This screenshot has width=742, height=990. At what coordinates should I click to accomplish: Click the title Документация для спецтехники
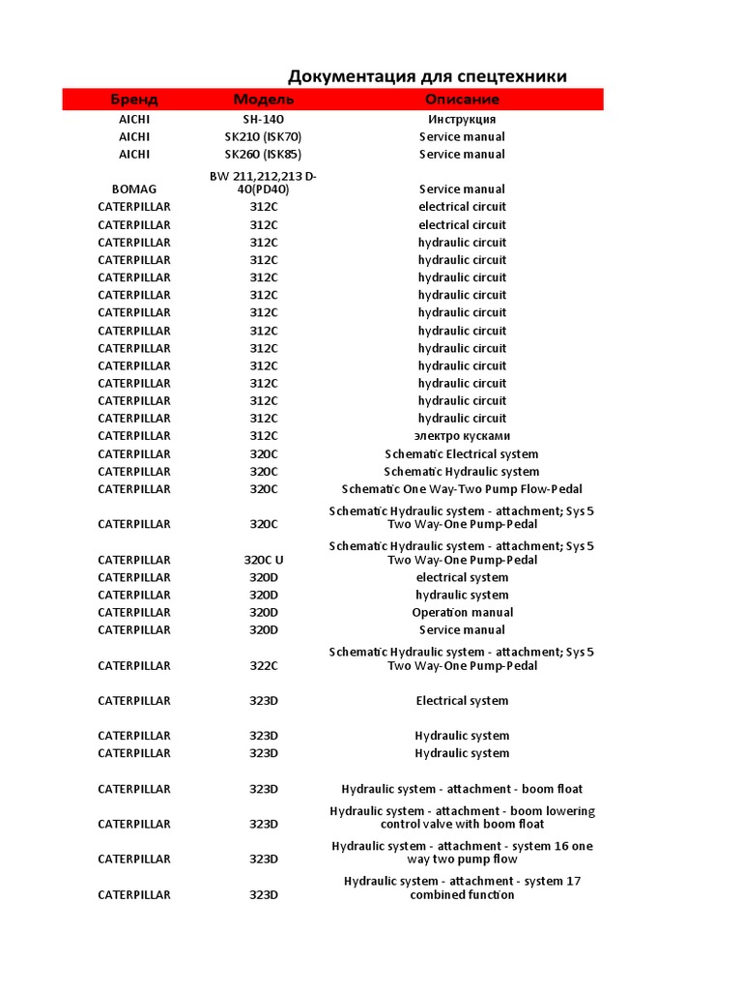click(427, 76)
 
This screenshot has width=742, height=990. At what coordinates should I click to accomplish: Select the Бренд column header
click(134, 100)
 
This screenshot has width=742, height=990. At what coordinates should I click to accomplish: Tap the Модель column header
click(264, 100)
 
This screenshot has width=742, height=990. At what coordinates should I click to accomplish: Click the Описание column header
click(462, 100)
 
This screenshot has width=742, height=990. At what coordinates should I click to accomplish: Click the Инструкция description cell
click(462, 119)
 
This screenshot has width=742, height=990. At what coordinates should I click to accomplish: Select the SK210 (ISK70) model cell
click(263, 136)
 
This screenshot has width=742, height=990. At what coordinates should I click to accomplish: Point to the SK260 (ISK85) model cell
click(263, 154)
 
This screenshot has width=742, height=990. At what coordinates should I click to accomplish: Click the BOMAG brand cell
click(134, 189)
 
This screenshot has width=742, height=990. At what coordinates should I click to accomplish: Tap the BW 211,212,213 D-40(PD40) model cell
click(263, 183)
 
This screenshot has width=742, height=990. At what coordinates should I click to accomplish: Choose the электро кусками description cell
click(462, 436)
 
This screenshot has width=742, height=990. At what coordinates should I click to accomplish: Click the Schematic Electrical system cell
click(462, 454)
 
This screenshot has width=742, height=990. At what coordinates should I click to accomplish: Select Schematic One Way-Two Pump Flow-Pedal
click(462, 489)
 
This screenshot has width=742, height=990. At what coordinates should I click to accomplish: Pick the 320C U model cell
click(263, 560)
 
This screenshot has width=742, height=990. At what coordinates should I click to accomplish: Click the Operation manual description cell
click(462, 612)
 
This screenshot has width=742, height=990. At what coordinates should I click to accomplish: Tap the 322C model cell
click(263, 665)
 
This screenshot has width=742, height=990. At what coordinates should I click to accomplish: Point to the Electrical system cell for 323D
click(462, 701)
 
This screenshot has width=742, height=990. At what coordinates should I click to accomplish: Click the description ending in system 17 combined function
click(462, 888)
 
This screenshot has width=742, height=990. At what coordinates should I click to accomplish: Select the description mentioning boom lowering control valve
click(462, 817)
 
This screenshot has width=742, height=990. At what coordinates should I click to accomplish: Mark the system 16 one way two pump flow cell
click(462, 853)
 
